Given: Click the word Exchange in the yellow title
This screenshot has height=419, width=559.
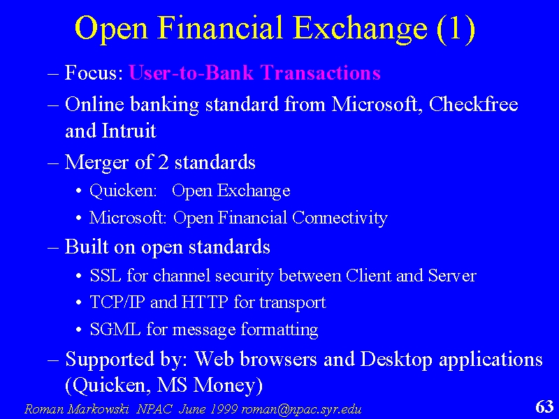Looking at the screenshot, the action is click(x=361, y=29).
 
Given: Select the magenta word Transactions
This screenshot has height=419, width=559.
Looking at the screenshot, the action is click(x=321, y=73).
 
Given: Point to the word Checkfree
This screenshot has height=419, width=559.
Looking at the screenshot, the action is click(x=474, y=104).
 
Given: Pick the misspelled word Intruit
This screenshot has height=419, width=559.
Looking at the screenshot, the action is click(x=129, y=131).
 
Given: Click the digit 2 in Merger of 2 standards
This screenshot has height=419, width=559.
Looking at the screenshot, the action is click(x=163, y=162).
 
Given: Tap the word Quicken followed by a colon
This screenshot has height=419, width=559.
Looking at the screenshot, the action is click(x=124, y=191).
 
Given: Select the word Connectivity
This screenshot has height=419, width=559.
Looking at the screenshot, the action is click(x=340, y=218).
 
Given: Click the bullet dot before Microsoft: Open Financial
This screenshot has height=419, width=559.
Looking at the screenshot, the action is click(x=79, y=219).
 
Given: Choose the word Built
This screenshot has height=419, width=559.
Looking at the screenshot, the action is click(x=87, y=247).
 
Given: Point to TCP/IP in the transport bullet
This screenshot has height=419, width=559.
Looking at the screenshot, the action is click(x=117, y=302).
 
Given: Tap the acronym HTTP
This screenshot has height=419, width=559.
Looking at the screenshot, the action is click(x=205, y=302).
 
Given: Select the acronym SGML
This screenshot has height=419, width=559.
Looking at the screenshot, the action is click(x=115, y=329).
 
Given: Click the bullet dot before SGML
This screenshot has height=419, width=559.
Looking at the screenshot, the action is click(x=79, y=330).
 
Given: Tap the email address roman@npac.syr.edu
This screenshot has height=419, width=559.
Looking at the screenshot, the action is click(x=301, y=409).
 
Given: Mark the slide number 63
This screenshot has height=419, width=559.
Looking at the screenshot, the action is click(x=545, y=406).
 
